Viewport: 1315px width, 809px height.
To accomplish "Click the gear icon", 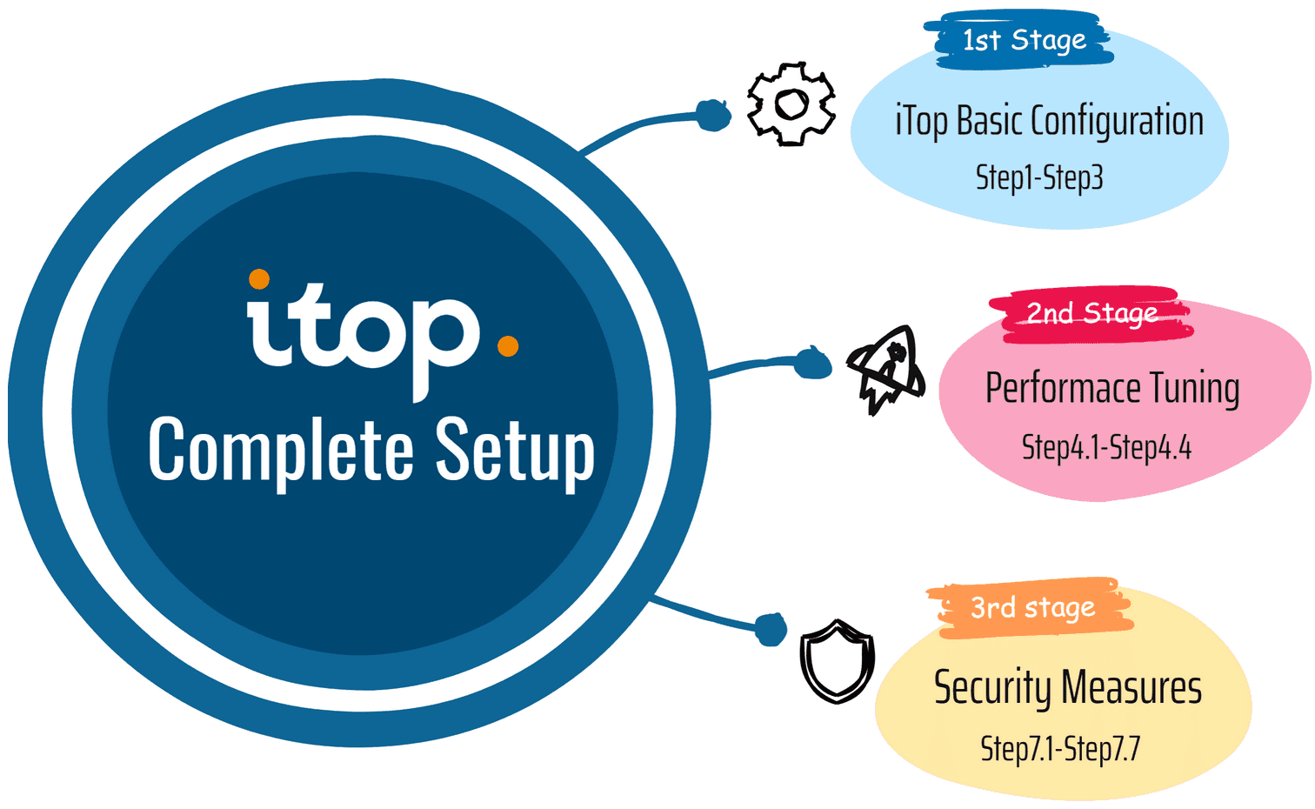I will pyautogui.click(x=791, y=104).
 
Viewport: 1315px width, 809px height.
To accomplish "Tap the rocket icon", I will pyautogui.click(x=885, y=371).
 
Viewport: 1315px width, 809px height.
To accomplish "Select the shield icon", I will pyautogui.click(x=837, y=660).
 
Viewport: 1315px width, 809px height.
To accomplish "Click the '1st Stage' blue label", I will pyautogui.click(x=1024, y=40).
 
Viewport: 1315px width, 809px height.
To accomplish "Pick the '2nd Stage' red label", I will pyautogui.click(x=1091, y=313).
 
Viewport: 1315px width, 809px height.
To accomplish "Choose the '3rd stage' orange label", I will pyautogui.click(x=1032, y=607).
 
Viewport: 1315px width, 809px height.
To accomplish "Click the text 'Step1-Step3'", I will pyautogui.click(x=1039, y=177).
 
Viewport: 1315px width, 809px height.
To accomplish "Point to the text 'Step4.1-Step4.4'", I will pyautogui.click(x=1106, y=448).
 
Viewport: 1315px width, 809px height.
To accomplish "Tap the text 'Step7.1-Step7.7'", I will pyautogui.click(x=1059, y=748).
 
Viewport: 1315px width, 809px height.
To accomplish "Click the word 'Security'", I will pyautogui.click(x=992, y=688).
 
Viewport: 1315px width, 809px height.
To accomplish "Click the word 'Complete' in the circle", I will pyautogui.click(x=280, y=450).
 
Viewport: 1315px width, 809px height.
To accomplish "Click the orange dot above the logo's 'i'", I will pyautogui.click(x=258, y=279).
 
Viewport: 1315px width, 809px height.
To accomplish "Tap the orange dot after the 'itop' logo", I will pyautogui.click(x=508, y=346).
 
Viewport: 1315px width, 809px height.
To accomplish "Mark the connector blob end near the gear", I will pyautogui.click(x=713, y=115).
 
